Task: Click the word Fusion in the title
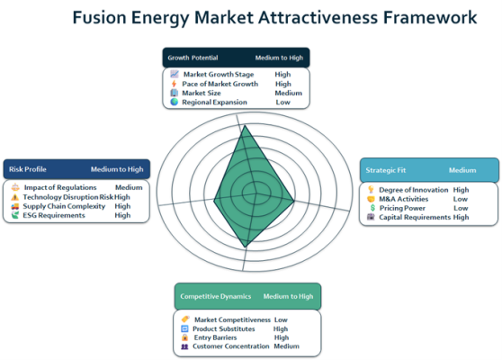99,17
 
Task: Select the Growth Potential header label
193,58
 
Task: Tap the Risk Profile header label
28,169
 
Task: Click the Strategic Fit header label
385,170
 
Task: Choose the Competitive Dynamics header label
215,296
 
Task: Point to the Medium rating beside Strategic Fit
462,170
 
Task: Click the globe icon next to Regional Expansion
175,102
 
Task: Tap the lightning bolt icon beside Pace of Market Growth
174,84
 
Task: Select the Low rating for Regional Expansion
283,103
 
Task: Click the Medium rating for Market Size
289,93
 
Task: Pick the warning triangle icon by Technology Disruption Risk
15,197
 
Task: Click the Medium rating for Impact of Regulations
129,187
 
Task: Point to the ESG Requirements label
54,215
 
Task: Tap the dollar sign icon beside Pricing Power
372,208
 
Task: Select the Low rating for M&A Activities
461,199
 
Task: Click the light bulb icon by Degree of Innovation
371,190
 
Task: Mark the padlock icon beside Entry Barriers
184,337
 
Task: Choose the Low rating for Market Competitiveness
281,319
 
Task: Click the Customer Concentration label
231,346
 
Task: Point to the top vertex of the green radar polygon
245,125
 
